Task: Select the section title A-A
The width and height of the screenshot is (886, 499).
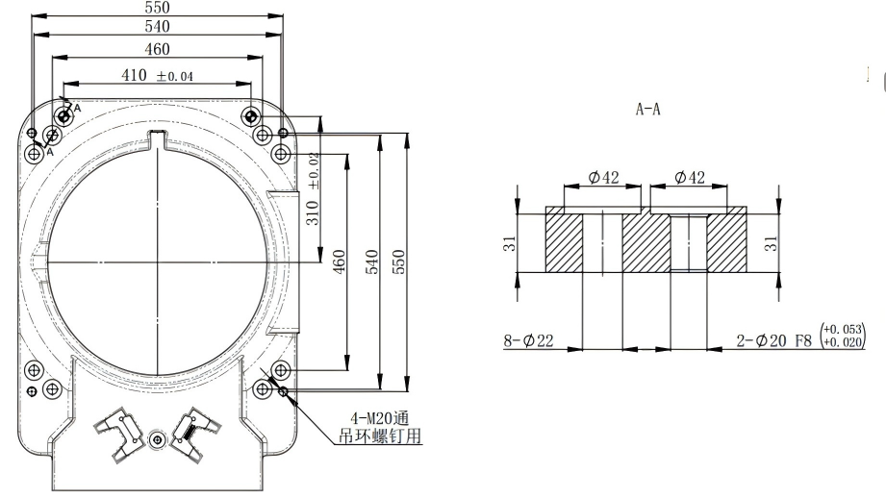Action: (x=647, y=111)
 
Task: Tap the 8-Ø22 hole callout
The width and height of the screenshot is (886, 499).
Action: (x=528, y=339)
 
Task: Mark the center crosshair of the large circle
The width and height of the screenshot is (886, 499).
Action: (x=156, y=262)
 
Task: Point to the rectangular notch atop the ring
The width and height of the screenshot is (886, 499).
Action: (x=156, y=137)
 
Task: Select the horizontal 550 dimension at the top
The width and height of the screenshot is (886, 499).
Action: (x=157, y=7)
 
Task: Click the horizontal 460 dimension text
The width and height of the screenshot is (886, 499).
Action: (x=157, y=49)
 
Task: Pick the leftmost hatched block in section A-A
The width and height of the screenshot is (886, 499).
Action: (x=564, y=243)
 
